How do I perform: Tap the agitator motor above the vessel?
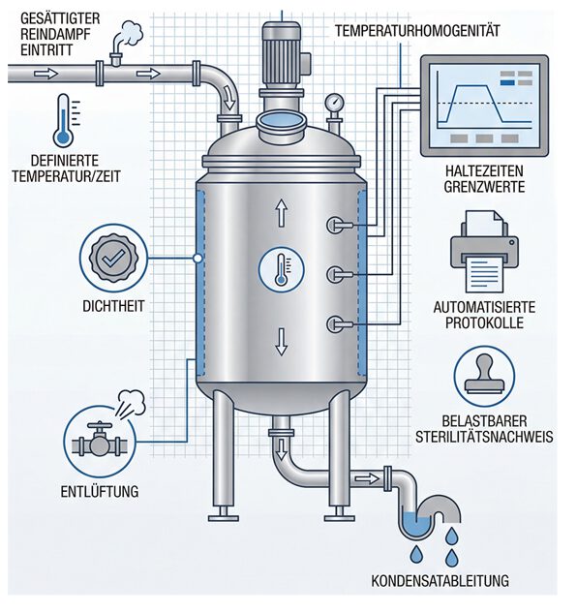point(282,54)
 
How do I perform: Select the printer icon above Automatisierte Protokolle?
point(485,252)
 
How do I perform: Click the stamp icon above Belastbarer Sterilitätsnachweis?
point(484,376)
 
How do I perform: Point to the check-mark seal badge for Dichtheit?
point(113,258)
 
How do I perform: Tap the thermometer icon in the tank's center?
point(281,270)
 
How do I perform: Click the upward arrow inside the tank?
point(281,212)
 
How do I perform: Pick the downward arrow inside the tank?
point(281,342)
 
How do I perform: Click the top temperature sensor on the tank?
point(340,225)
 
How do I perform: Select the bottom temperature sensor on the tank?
point(340,324)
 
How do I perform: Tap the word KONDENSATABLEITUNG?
point(440,580)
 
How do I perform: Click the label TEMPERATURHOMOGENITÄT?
point(417,31)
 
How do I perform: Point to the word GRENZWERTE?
point(484,187)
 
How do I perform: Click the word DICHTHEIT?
point(113,306)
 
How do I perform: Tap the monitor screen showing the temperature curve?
point(484,106)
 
